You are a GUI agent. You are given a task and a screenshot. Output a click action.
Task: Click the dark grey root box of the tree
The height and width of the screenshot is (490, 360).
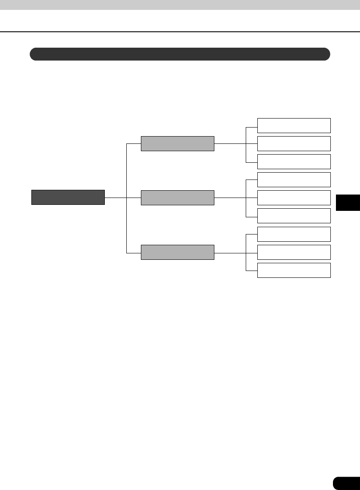(x=68, y=197)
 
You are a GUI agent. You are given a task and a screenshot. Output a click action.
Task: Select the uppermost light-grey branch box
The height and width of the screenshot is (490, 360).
(x=177, y=143)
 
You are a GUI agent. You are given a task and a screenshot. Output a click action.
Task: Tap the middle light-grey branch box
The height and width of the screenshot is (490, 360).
(x=177, y=198)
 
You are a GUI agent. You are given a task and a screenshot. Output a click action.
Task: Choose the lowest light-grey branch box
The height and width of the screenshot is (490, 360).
(x=177, y=252)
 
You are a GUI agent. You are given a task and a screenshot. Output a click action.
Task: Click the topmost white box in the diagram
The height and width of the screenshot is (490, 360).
(x=294, y=125)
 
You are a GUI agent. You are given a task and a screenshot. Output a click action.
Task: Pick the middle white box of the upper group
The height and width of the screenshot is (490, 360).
(x=294, y=143)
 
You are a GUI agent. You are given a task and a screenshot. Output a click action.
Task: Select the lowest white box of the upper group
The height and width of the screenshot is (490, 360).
(x=294, y=161)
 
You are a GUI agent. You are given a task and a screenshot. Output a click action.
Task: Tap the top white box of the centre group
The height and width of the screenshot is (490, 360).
(x=294, y=180)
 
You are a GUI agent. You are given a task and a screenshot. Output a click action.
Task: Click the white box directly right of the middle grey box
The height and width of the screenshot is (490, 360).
(x=294, y=198)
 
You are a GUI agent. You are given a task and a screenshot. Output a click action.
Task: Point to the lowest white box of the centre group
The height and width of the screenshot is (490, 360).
(x=294, y=216)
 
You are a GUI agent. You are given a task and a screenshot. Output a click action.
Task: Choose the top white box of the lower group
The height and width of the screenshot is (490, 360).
(x=294, y=234)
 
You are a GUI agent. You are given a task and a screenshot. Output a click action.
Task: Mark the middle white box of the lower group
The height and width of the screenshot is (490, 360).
(x=294, y=252)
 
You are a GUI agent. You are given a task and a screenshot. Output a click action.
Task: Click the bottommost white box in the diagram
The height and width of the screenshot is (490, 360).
(x=294, y=270)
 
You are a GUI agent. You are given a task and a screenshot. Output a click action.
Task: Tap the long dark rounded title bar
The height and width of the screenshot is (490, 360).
(x=180, y=54)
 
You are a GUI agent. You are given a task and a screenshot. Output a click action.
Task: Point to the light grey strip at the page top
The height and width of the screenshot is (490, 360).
(x=180, y=5)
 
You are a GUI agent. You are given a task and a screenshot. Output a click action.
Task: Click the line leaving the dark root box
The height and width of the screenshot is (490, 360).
(x=115, y=198)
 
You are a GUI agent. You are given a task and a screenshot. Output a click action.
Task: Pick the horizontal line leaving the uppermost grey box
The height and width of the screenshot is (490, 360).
(x=230, y=143)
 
